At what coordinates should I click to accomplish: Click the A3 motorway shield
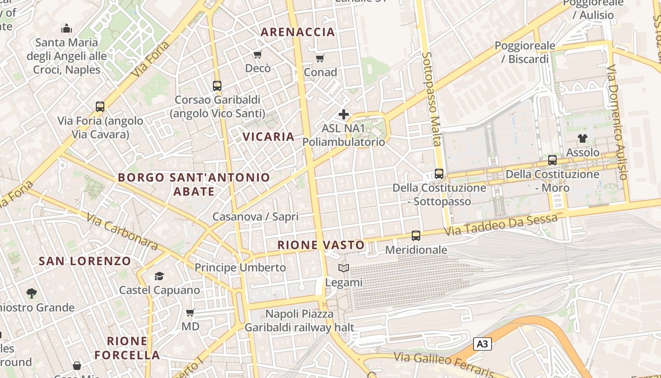pos(482,344)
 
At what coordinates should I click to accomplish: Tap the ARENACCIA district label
pos(298,32)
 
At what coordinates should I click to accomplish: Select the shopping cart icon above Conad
pos(320,59)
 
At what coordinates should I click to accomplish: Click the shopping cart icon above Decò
pos(258,55)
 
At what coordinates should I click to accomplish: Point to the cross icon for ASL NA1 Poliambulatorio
pos(344,114)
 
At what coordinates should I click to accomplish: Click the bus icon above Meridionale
pos(415,235)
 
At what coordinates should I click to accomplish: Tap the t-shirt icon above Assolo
pos(583,138)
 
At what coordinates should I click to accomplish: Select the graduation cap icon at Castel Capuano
pos(159,276)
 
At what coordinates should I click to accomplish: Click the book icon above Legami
pos(344,268)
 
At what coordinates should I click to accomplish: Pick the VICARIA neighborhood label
pos(268,137)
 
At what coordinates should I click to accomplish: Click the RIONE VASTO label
pos(321,245)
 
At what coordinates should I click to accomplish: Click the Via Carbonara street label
pos(122,231)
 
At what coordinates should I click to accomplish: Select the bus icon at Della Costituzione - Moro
pos(552,160)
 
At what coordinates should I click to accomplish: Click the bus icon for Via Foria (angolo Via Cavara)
pos(100,107)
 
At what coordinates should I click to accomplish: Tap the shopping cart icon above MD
pos(190,312)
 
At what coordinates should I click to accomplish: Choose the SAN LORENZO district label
pos(85,261)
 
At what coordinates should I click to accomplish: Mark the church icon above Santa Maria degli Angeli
pos(67,28)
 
